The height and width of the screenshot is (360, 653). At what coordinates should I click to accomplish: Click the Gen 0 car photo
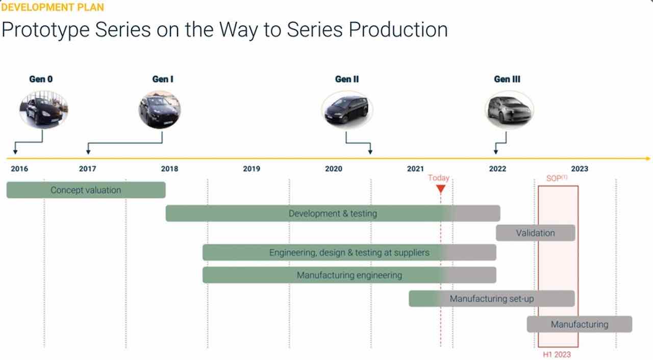click(44, 110)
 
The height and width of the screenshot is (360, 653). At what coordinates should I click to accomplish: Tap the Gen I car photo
click(160, 110)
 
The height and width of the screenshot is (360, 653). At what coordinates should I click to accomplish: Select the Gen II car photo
click(347, 110)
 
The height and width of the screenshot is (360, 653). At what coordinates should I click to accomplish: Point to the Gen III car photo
click(509, 110)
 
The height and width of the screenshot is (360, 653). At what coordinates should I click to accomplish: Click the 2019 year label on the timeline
click(252, 169)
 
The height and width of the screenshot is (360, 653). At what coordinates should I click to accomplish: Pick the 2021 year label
click(415, 169)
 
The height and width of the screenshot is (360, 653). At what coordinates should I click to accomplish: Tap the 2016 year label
click(19, 169)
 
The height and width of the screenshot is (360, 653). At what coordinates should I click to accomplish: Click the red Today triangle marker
click(441, 189)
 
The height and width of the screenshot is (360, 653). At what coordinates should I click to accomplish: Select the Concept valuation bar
click(86, 190)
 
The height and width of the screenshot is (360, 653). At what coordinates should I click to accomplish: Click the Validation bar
click(536, 233)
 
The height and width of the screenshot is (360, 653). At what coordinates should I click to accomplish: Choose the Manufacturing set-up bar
click(492, 298)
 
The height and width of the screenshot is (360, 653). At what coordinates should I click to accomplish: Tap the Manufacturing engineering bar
click(349, 275)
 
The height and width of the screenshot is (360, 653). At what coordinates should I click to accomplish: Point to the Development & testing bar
click(333, 213)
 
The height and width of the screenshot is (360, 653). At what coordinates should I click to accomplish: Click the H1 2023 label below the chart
click(557, 354)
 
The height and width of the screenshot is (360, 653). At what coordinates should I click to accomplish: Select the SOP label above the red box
click(557, 178)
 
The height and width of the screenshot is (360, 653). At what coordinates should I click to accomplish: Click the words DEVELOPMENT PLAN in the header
click(53, 7)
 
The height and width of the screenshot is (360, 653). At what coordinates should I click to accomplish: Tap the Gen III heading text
click(507, 79)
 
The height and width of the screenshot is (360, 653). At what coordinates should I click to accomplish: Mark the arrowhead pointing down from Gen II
click(370, 152)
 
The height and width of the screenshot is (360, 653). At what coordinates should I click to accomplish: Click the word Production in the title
click(398, 30)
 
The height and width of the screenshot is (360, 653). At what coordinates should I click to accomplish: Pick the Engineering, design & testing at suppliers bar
click(349, 252)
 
